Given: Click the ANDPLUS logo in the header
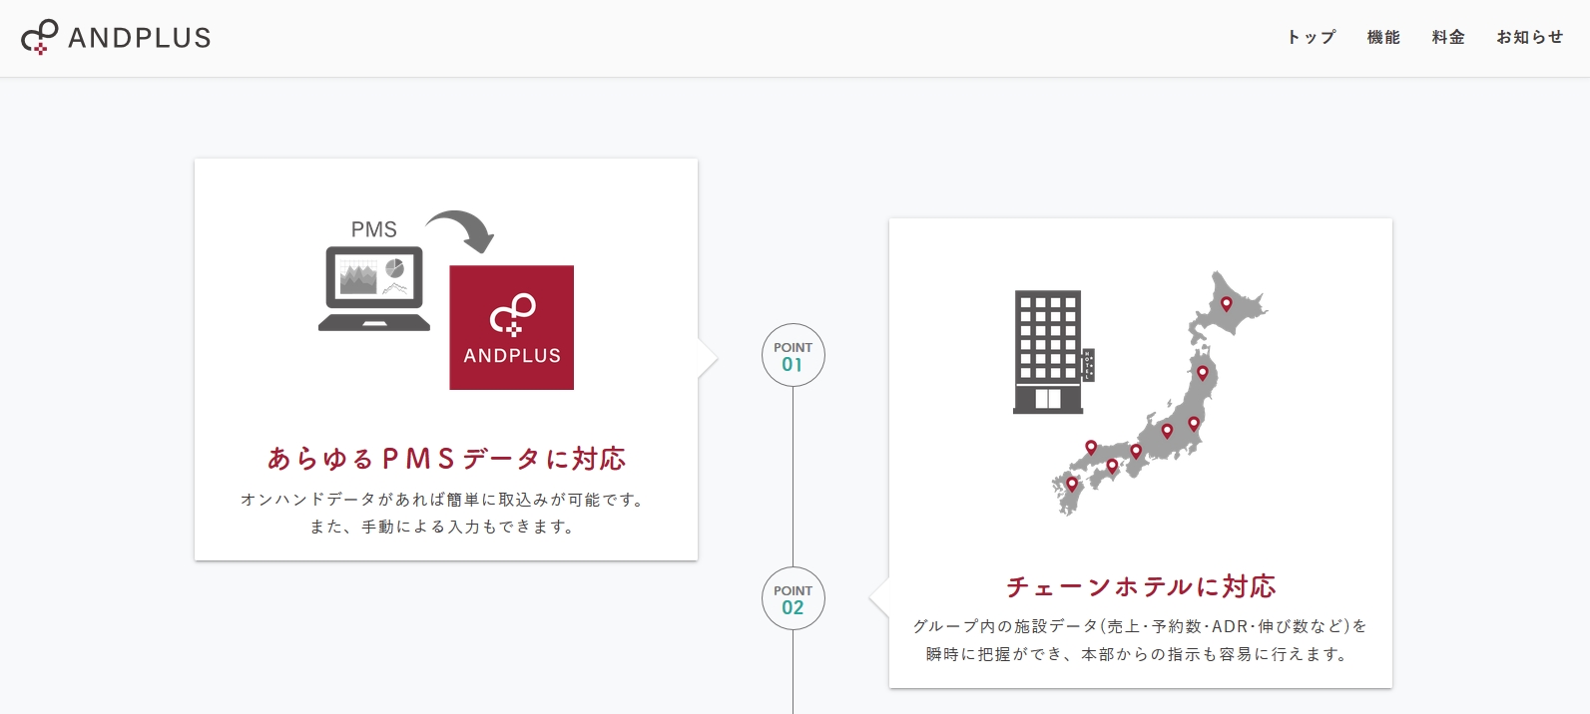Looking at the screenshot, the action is pos(116,37).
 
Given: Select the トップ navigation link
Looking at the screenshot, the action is pos(1312,37).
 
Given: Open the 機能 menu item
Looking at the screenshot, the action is pos(1383,37).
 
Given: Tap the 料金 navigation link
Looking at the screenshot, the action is pos(1448,37).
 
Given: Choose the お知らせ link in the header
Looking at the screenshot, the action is pos(1530,37).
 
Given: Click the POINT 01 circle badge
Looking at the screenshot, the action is pos(793,355).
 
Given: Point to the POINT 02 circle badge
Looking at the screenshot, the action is pos(793,598).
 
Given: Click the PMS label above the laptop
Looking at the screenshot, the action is pos(373,229).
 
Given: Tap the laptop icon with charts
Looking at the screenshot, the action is pos(374,288).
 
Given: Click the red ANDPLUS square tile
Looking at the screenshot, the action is pos(511,327).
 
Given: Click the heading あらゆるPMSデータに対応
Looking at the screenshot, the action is pos(446,459).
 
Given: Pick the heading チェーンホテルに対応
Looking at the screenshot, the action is pos(1141,586).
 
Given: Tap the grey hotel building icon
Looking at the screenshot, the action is pos(1053,352).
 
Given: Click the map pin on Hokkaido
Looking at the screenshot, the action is pos(1226,304).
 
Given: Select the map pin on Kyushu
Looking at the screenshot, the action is pos(1072,485).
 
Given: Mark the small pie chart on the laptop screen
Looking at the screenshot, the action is pos(394,268).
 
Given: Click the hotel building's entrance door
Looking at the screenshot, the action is pos(1048,399).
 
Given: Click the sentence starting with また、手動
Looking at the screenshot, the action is pos(442,527).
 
